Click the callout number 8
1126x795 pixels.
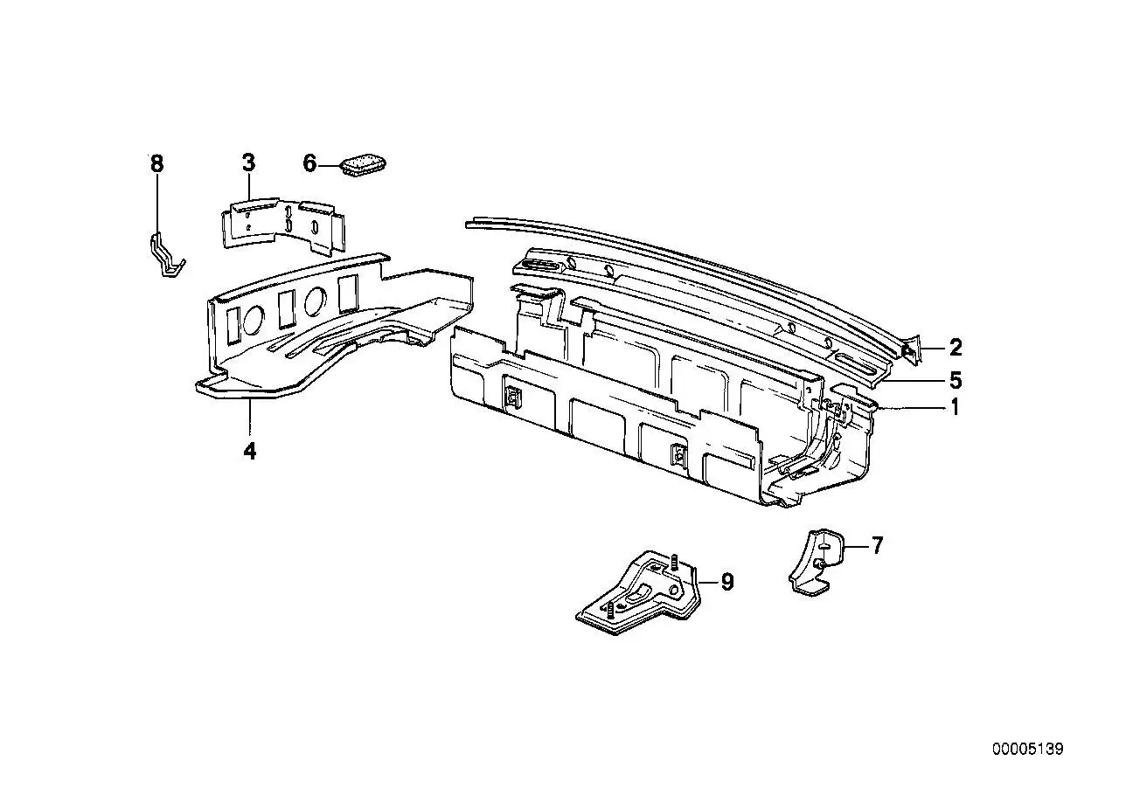click(157, 163)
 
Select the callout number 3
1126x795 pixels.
click(249, 162)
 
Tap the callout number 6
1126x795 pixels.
click(309, 163)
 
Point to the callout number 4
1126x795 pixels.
click(250, 452)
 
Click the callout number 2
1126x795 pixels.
click(956, 348)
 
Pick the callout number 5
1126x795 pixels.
click(956, 381)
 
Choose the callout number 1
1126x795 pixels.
click(955, 407)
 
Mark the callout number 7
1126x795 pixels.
click(877, 545)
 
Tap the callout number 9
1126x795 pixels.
click(727, 582)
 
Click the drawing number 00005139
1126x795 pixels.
click(1028, 750)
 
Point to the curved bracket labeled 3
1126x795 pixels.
click(284, 225)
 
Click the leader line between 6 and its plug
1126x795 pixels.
click(329, 165)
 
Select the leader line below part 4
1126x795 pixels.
click(249, 418)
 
